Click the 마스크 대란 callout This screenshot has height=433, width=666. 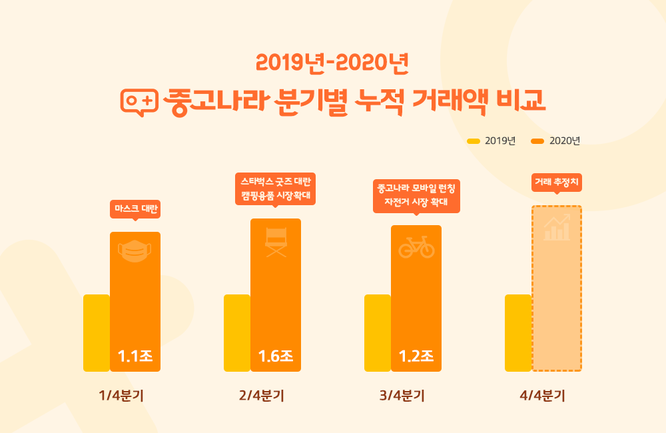coord(136,209)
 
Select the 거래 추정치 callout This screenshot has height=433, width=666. coord(557,182)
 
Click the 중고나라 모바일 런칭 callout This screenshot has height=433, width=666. coord(416,195)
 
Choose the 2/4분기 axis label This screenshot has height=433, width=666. coord(262,396)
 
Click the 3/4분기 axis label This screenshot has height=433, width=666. coord(402,396)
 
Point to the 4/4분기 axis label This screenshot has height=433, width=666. coord(543,396)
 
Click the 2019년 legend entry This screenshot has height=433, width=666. coord(492,141)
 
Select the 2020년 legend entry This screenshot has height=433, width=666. coord(557,141)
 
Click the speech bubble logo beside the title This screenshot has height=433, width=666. coord(139,101)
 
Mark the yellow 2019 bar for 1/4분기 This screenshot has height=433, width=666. coord(96,333)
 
